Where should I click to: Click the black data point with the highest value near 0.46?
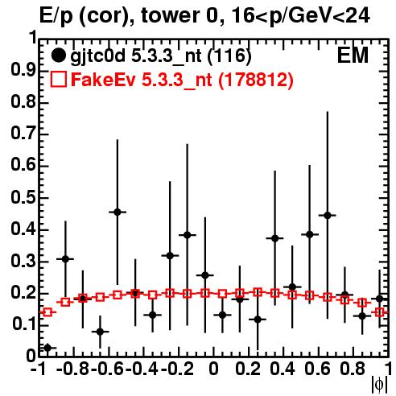coord(118,212)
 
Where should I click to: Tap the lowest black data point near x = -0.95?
coord(47,348)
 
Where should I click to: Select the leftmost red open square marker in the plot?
coord(47,312)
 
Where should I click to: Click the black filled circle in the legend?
coord(58,56)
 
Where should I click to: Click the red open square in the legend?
coord(59,79)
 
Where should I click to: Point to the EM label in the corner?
coord(353,56)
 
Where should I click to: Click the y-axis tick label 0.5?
coord(23,197)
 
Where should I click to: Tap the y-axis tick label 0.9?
coord(23,70)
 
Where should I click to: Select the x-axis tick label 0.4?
coord(283,369)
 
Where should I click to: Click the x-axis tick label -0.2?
coord(178,369)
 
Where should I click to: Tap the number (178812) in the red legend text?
coord(256,80)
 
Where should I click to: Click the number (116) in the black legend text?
coord(229,56)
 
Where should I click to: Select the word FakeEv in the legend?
coord(103,80)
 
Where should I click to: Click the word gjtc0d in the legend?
coord(97,56)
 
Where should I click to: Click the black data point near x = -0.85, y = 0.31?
coord(65,259)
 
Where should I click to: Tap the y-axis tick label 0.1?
coord(23,324)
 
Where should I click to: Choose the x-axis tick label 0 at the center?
coord(213,369)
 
